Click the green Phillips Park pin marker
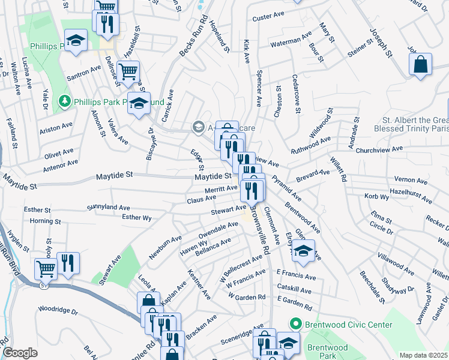click(64, 102)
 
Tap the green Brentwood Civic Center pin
click(295, 325)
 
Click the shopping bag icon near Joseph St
click(421, 64)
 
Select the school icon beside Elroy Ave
click(304, 251)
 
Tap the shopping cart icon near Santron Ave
click(128, 72)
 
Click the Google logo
click(20, 353)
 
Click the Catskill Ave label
click(294, 290)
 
